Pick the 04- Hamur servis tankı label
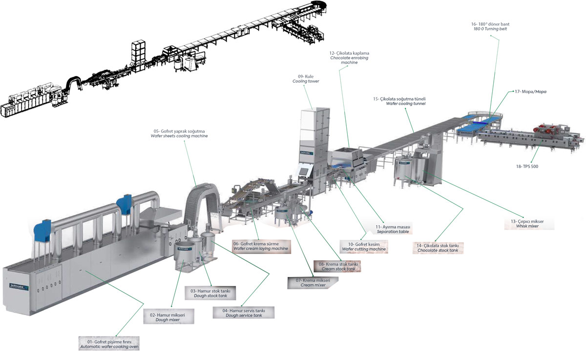pyautogui.click(x=244, y=313)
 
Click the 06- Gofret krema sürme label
pyautogui.click(x=260, y=246)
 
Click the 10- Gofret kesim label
pyautogui.click(x=364, y=246)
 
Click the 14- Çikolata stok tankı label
pyautogui.click(x=438, y=248)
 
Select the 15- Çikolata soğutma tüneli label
pyautogui.click(x=399, y=101)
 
